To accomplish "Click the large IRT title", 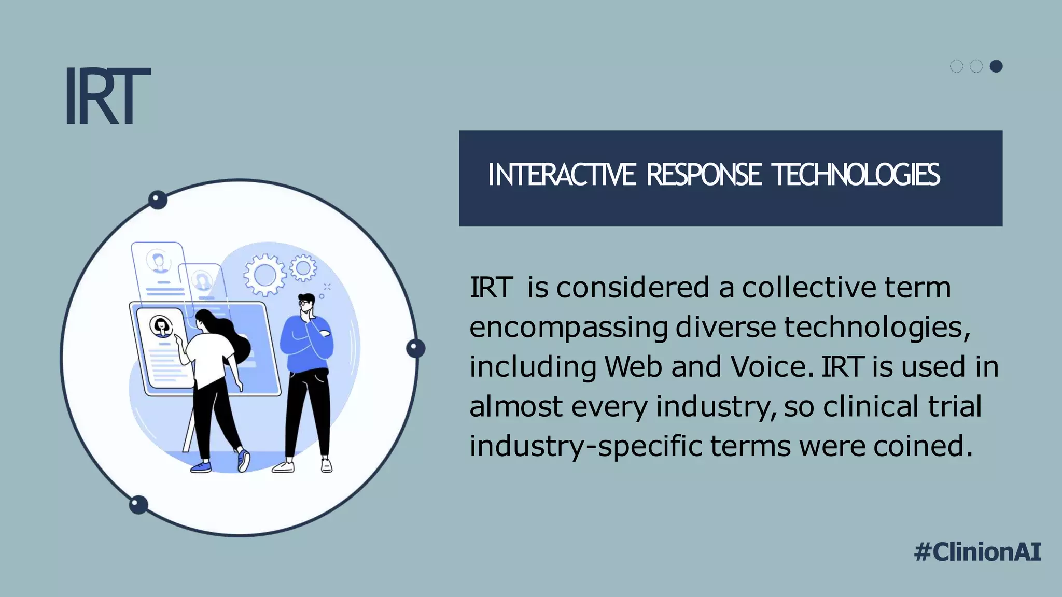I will [107, 96].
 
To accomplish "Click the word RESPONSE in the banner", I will [704, 175].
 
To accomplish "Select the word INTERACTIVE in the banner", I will [562, 175].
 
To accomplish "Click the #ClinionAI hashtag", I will [977, 551].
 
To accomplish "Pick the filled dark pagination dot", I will [996, 66].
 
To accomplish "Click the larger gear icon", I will [264, 275].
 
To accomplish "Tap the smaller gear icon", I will [303, 268].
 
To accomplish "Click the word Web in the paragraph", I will [633, 367].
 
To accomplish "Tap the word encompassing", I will [568, 328].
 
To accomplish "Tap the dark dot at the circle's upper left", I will [158, 200].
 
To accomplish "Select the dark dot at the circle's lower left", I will [138, 504].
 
